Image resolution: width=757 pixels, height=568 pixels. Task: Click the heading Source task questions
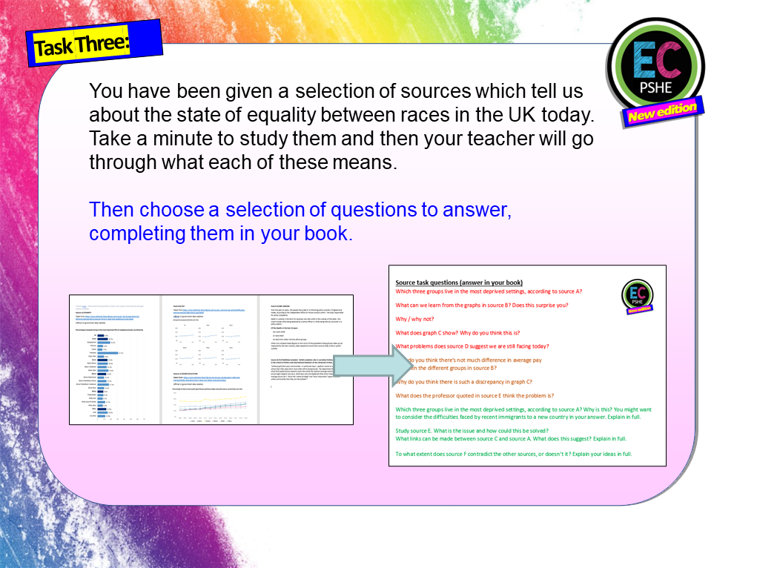pos(459,283)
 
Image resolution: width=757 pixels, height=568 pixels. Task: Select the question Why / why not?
pos(416,319)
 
